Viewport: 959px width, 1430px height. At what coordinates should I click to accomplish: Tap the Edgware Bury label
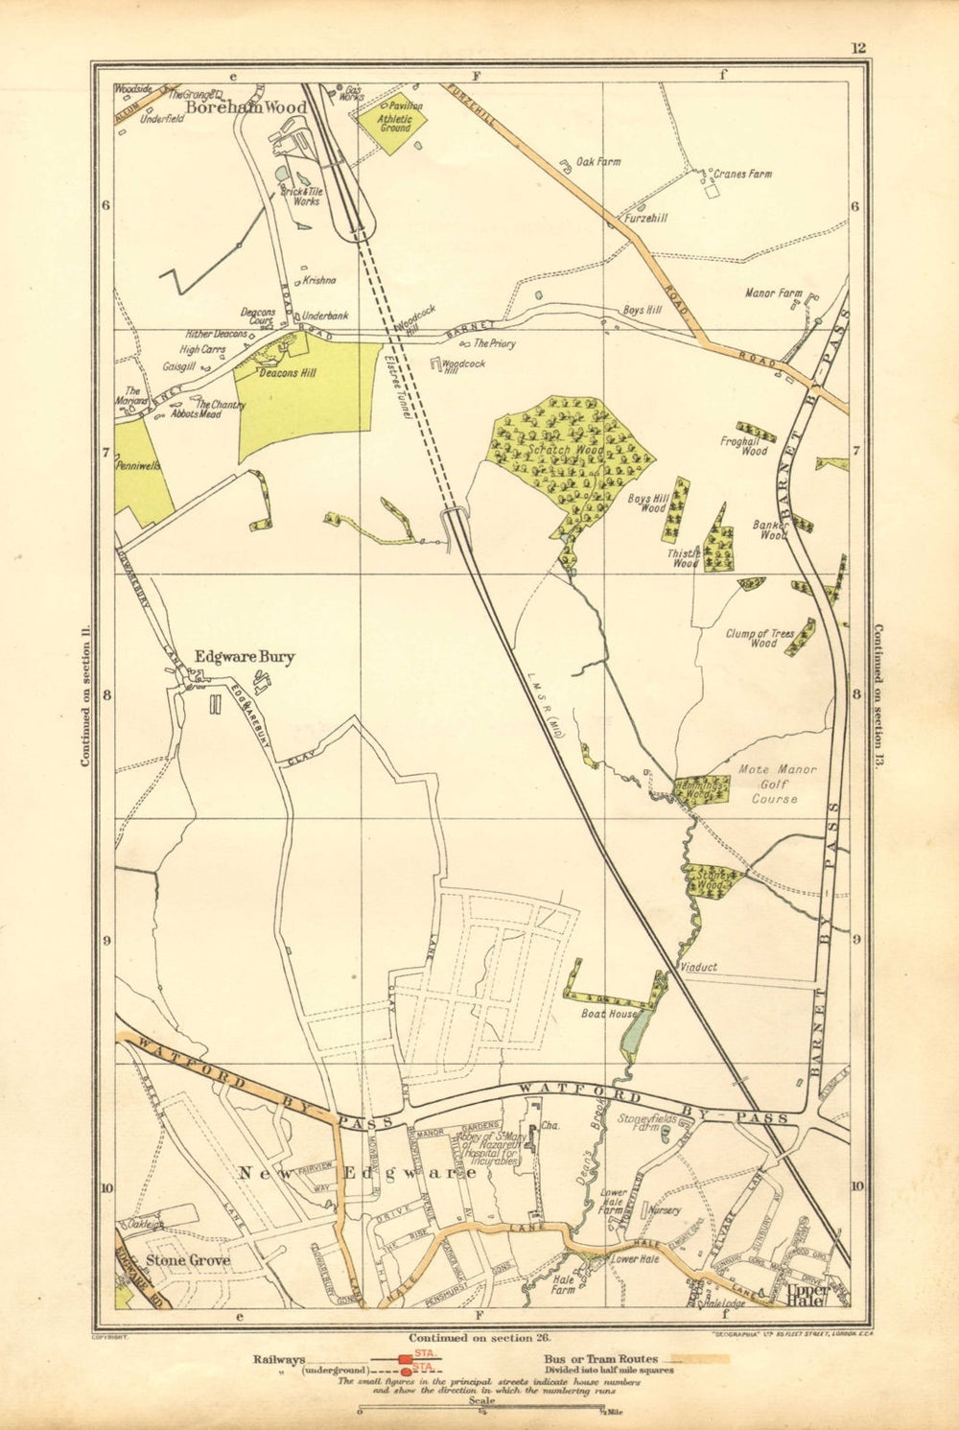(245, 657)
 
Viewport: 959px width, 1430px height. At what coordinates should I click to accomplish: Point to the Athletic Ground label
(395, 122)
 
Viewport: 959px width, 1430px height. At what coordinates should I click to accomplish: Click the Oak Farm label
(597, 162)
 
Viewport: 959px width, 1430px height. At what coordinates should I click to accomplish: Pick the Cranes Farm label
(742, 175)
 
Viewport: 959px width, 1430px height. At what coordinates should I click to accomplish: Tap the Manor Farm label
(773, 293)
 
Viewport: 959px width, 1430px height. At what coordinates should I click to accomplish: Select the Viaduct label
(696, 968)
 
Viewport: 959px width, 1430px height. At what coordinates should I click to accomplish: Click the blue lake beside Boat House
(634, 1029)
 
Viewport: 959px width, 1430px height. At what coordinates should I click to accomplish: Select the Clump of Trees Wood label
(763, 638)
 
